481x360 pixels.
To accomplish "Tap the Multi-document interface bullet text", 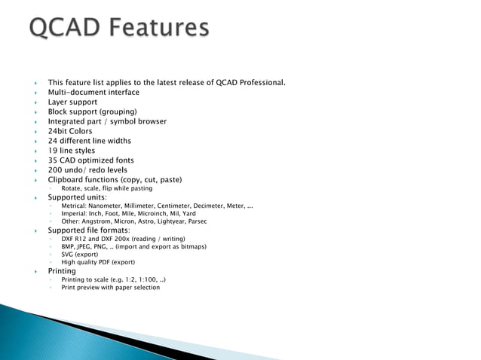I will tap(93, 92).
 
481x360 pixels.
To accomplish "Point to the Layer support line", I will tap(72, 102).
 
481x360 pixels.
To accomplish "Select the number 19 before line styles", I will tap(53, 151).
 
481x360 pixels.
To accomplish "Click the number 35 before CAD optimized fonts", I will tap(53, 160).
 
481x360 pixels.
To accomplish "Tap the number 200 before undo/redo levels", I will tap(56, 170).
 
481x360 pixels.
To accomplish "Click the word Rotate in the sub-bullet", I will tap(73, 189).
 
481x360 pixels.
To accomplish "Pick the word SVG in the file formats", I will tap(68, 255).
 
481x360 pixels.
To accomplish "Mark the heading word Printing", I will tap(62, 270).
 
